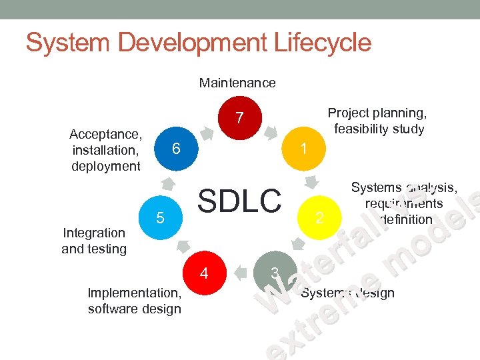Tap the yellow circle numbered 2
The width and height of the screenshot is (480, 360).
(x=319, y=217)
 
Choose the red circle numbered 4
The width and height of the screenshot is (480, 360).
(x=205, y=273)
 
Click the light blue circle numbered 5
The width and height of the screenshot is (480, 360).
(x=160, y=217)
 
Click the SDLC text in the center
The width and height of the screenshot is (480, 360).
(x=240, y=200)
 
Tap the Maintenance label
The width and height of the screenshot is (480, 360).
(x=237, y=83)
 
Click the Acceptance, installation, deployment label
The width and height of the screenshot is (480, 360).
(x=105, y=150)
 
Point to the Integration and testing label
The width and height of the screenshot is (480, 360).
(x=94, y=241)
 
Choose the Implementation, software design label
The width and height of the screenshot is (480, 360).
(x=134, y=301)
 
